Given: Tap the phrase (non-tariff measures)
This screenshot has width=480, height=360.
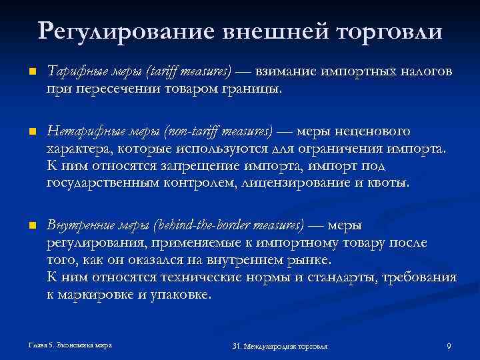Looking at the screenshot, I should pyautogui.click(x=220, y=131).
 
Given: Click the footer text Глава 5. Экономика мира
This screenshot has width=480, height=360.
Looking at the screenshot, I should pyautogui.click(x=66, y=345).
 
